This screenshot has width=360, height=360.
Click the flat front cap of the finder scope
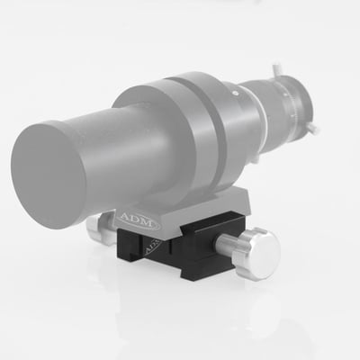click(x=58, y=166)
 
